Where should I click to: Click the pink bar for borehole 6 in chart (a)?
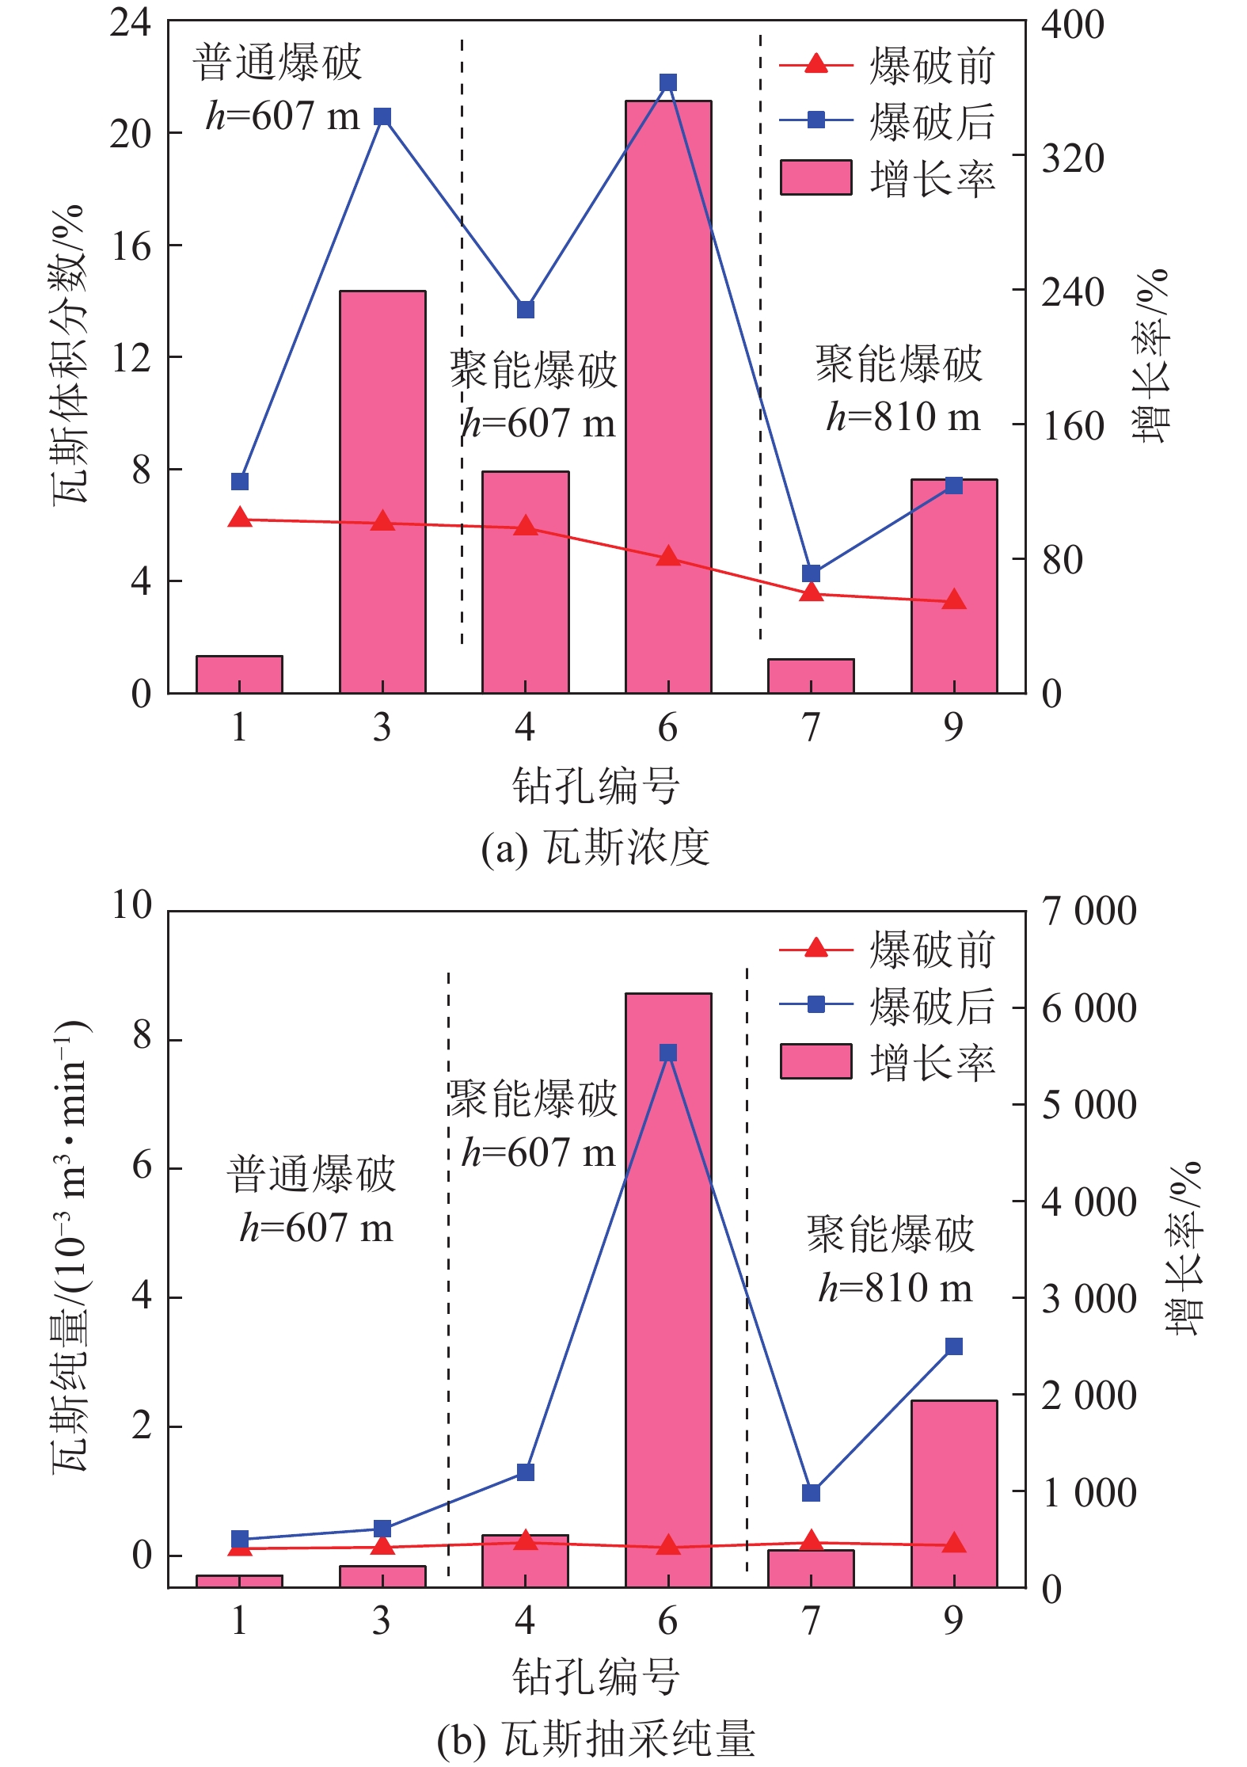click(667, 396)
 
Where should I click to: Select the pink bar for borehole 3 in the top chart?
click(382, 491)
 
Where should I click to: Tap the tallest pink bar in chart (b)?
click(667, 1291)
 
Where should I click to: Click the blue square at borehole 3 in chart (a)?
click(382, 117)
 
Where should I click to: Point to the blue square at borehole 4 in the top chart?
click(526, 309)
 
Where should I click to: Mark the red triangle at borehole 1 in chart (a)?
click(240, 519)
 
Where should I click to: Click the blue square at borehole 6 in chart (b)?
click(667, 1053)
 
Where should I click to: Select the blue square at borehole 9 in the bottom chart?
click(953, 1347)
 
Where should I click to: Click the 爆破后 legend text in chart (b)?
click(931, 1006)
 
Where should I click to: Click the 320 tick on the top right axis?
click(1072, 159)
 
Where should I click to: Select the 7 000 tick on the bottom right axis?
click(1089, 911)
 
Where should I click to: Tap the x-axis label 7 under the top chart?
click(811, 727)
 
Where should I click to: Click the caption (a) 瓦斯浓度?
click(595, 847)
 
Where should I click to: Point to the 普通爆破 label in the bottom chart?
click(311, 1173)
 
